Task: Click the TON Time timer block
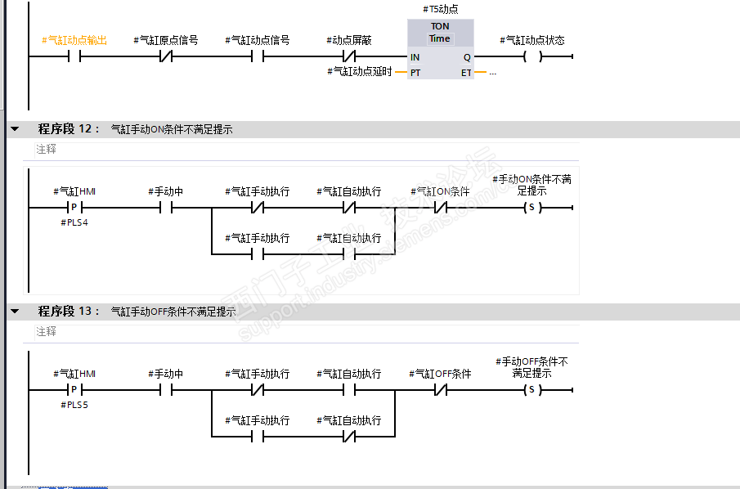(440, 48)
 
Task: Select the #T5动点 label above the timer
(441, 9)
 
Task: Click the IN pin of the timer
(415, 57)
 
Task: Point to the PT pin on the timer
(415, 73)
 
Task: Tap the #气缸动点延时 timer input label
(360, 72)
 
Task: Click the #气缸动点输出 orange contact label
(74, 40)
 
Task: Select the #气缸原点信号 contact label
(165, 40)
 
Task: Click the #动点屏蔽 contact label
(349, 40)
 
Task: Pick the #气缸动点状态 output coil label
(532, 40)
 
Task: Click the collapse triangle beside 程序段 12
(15, 129)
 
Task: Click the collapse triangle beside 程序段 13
(15, 312)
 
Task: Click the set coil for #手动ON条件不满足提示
(532, 208)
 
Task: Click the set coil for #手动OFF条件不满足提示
(532, 390)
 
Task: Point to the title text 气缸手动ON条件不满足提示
(172, 129)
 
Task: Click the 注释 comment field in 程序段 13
(47, 331)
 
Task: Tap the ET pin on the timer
(465, 73)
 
